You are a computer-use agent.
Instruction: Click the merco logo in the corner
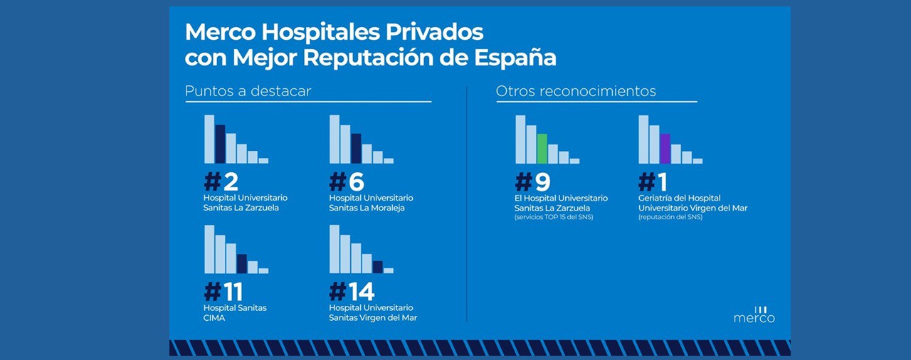(754, 315)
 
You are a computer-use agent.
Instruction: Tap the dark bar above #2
(220, 144)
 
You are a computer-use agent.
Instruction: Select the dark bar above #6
(356, 149)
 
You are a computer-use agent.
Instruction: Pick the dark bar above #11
(242, 264)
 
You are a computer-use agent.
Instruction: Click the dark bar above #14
(378, 268)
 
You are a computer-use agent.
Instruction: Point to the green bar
(542, 149)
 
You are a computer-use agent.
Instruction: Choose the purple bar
(665, 149)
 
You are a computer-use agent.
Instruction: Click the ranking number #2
(221, 181)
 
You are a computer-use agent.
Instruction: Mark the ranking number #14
(352, 292)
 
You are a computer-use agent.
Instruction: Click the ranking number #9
(532, 181)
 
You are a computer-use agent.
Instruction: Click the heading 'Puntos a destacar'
(248, 92)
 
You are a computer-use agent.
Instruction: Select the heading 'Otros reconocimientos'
(576, 92)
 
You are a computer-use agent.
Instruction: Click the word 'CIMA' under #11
(214, 318)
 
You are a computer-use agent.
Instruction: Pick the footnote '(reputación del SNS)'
(670, 217)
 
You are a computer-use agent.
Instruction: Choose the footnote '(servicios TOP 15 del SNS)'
(553, 217)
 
